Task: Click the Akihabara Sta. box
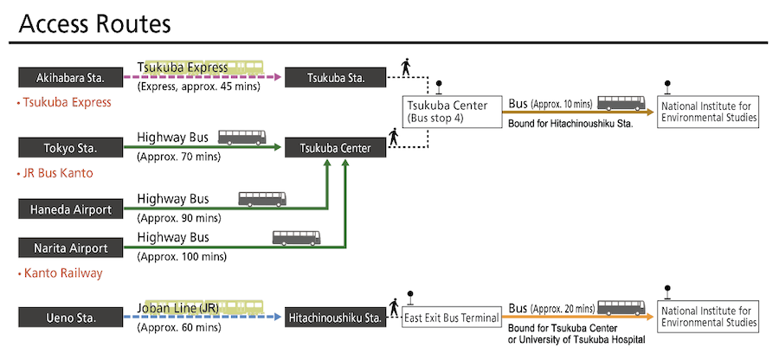[x=70, y=78]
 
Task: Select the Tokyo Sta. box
[x=70, y=148]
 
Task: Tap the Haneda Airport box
[x=70, y=209]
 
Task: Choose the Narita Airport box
[x=70, y=248]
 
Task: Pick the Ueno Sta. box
[x=70, y=318]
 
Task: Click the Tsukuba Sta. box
[x=336, y=78]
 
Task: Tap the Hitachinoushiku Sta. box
[x=336, y=318]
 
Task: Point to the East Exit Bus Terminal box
[x=452, y=318]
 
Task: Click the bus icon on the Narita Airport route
[x=296, y=237]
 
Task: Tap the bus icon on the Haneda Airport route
[x=261, y=198]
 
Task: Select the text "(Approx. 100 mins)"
[x=181, y=256]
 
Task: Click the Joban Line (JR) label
[x=178, y=306]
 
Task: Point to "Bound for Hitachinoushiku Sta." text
[x=571, y=124]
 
